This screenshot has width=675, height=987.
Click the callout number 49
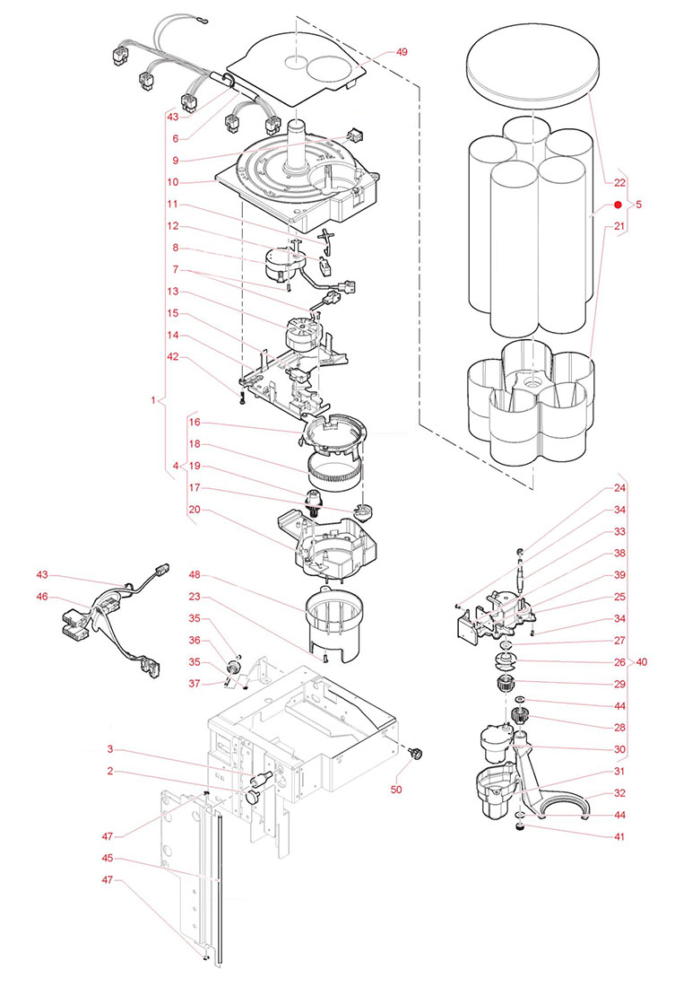coord(402,52)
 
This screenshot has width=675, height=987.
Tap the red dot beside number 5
coord(618,205)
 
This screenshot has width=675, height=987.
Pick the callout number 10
coord(177,182)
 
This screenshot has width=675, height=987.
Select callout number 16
coord(195,421)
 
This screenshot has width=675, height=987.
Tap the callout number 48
coord(195,573)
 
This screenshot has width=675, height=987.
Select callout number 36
coord(195,639)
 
